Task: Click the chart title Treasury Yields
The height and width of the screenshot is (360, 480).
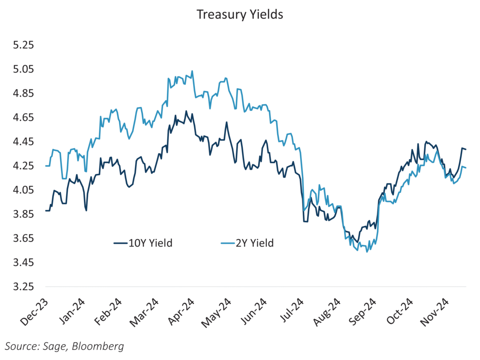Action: (240, 15)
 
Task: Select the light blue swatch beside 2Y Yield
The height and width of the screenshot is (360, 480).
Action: (227, 243)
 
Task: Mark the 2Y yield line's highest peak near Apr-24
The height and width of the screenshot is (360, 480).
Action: (192, 71)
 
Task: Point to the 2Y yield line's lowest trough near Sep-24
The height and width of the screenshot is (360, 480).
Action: (367, 252)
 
